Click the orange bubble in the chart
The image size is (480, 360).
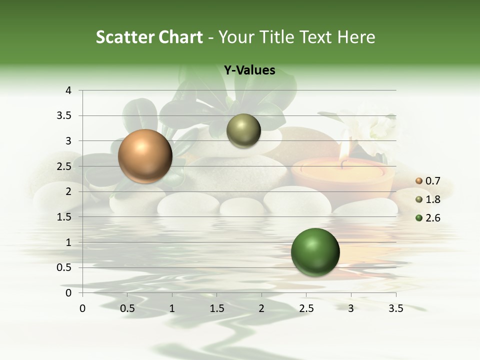click(x=145, y=156)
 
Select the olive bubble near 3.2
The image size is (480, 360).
click(x=243, y=131)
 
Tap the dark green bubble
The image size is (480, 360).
click(x=315, y=252)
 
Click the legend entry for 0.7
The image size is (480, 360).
click(x=428, y=181)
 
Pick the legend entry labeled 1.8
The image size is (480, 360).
click(x=428, y=199)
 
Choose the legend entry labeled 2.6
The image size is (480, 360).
click(x=428, y=218)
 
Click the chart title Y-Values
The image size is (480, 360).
click(x=249, y=70)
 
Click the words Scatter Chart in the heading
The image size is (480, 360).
click(x=149, y=37)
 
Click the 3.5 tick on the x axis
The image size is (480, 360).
click(x=395, y=308)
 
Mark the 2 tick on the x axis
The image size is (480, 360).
click(x=261, y=308)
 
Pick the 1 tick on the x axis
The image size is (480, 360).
click(x=172, y=308)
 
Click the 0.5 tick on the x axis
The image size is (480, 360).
click(x=127, y=308)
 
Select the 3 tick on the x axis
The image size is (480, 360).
click(x=351, y=308)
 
